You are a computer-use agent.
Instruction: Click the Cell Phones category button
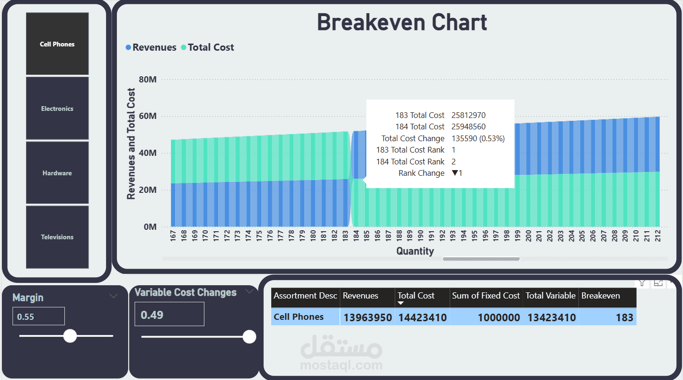click(57, 44)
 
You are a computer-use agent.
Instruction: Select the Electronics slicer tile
click(57, 109)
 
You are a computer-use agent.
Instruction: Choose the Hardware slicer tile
click(57, 173)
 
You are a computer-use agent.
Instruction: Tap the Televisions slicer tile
click(57, 237)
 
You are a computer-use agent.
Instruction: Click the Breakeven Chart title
click(402, 23)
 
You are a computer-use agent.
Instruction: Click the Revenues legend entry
click(151, 47)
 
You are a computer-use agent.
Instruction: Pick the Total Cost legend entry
click(207, 47)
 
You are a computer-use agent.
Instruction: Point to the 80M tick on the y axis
click(148, 80)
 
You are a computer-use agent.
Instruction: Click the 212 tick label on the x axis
click(658, 236)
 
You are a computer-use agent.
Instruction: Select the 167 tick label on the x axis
click(173, 236)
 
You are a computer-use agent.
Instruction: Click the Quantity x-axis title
click(415, 251)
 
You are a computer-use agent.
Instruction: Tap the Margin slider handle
click(70, 336)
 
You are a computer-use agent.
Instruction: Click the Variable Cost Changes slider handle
click(249, 337)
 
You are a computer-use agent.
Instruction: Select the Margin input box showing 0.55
click(38, 316)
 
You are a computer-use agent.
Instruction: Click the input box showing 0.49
click(169, 314)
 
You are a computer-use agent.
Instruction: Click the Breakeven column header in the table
click(600, 296)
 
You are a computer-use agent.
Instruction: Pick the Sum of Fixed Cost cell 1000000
click(499, 317)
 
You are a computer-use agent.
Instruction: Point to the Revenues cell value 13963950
click(368, 317)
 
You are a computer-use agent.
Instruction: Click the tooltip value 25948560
click(468, 127)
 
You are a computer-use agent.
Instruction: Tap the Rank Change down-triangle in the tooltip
click(455, 173)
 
